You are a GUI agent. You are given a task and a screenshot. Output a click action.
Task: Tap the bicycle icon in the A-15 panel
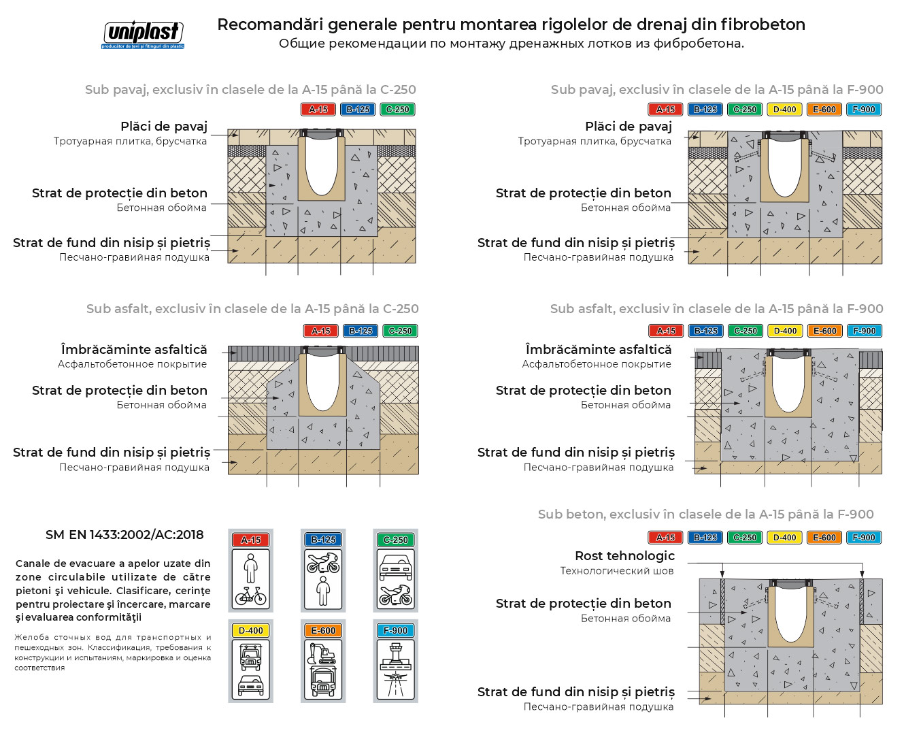point(250,596)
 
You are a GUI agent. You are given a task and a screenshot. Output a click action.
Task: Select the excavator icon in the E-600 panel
point(322,653)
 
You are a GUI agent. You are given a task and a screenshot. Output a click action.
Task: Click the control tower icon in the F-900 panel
point(395,656)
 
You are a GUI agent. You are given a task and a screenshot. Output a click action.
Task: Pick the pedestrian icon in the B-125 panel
point(323,591)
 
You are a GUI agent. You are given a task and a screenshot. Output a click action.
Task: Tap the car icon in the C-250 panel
point(395,566)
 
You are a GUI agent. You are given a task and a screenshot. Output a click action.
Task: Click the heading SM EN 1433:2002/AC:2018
point(124,535)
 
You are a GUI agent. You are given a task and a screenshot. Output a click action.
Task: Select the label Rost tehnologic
point(624,556)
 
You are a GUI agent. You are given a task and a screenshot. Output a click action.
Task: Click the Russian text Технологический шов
point(616,571)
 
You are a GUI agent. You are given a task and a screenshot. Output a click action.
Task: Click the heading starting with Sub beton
point(705,514)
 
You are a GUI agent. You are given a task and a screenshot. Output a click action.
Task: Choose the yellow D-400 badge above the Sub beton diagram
point(784,538)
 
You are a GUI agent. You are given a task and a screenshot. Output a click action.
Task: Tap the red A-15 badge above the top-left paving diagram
point(318,110)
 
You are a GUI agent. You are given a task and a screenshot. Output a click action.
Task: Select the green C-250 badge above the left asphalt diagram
point(400,331)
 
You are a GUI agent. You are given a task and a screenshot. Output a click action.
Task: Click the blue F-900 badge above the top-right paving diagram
point(864,110)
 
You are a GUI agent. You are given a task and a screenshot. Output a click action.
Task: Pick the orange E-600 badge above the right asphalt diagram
point(824,331)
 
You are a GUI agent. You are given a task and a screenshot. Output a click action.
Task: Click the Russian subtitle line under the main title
point(511,44)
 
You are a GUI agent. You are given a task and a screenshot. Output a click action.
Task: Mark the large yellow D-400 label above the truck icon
point(250,631)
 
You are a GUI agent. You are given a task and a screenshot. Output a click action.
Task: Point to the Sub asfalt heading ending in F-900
point(716,309)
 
